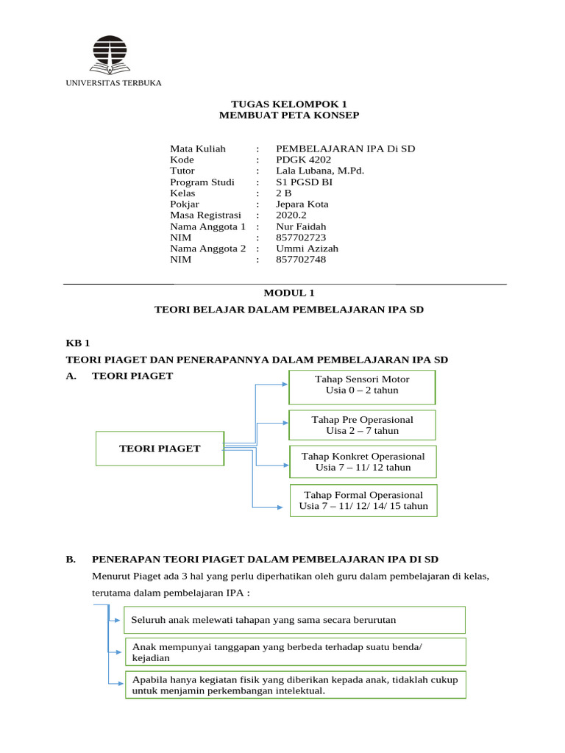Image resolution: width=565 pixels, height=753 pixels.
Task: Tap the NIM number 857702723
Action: coord(300,238)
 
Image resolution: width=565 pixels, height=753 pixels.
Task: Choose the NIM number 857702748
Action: coord(300,260)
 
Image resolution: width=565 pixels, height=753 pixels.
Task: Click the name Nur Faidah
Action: coord(300,226)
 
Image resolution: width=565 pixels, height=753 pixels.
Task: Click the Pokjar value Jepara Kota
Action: coord(302,204)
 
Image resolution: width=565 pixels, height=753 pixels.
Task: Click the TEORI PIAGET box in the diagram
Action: coord(160,449)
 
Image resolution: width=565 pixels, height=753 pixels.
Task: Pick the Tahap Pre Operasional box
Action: coord(362,425)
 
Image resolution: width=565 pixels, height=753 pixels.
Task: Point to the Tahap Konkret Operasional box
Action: coord(363,462)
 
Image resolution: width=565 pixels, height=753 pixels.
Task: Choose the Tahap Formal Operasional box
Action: coord(363,501)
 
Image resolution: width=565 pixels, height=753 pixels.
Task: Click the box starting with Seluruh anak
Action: coord(294,620)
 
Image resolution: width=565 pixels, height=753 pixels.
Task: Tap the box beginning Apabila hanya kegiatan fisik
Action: coord(294,685)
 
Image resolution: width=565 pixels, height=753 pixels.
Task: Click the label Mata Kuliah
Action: coord(198,149)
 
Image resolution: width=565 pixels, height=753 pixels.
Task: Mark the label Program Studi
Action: coord(202,182)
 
